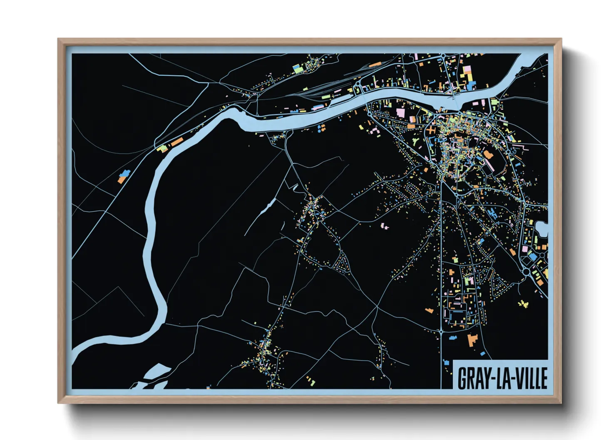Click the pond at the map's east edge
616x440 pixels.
point(542,229)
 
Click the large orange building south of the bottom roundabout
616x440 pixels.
point(472,340)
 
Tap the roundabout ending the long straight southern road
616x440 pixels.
point(441,332)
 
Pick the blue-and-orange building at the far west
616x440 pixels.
point(122,177)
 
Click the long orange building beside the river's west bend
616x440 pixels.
point(177,142)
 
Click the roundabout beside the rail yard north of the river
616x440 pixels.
point(357,85)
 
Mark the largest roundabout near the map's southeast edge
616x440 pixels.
point(527,272)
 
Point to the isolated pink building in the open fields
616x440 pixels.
point(384,226)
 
